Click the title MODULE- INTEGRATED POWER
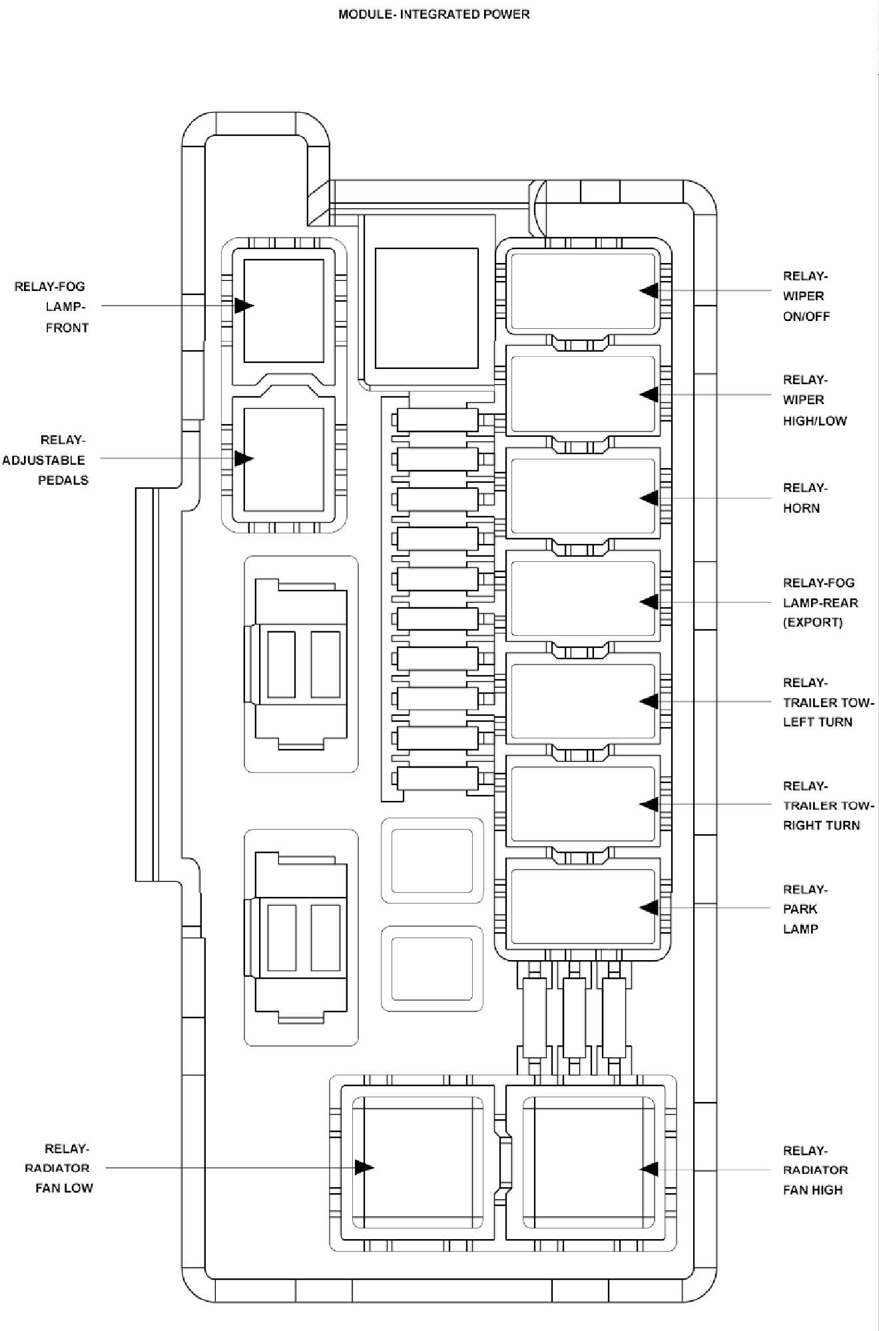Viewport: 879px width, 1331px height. point(434,14)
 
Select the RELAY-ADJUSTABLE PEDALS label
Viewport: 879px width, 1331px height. point(45,460)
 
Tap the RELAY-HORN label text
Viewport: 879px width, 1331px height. point(804,498)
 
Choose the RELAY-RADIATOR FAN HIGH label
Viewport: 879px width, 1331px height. point(815,1170)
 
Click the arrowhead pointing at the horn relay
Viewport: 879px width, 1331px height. point(649,498)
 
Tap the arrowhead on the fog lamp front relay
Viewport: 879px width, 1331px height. point(244,306)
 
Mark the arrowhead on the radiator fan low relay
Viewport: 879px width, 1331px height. point(364,1167)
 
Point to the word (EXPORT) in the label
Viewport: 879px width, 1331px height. point(812,623)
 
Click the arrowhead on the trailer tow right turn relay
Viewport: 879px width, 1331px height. point(649,804)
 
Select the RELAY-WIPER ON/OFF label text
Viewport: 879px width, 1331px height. point(806,296)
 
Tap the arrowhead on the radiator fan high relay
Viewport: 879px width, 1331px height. point(649,1169)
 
